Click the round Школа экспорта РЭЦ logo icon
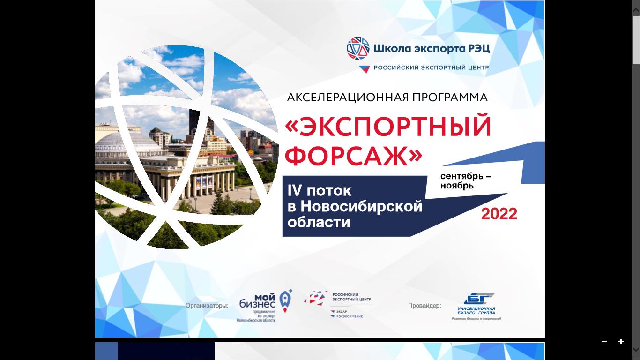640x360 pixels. click(x=358, y=48)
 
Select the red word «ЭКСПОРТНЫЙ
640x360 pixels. click(x=388, y=127)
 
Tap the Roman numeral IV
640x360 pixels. click(x=294, y=191)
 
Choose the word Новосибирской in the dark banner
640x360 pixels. click(x=361, y=206)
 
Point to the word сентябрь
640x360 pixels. click(x=462, y=177)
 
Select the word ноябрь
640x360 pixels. click(x=457, y=186)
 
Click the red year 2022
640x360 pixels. click(x=499, y=214)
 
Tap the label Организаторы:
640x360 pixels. click(x=207, y=306)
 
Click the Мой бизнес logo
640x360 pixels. click(x=258, y=305)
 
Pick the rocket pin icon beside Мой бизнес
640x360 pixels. click(x=285, y=300)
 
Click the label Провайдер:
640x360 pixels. click(x=424, y=306)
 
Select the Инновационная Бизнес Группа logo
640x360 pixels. click(x=476, y=306)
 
